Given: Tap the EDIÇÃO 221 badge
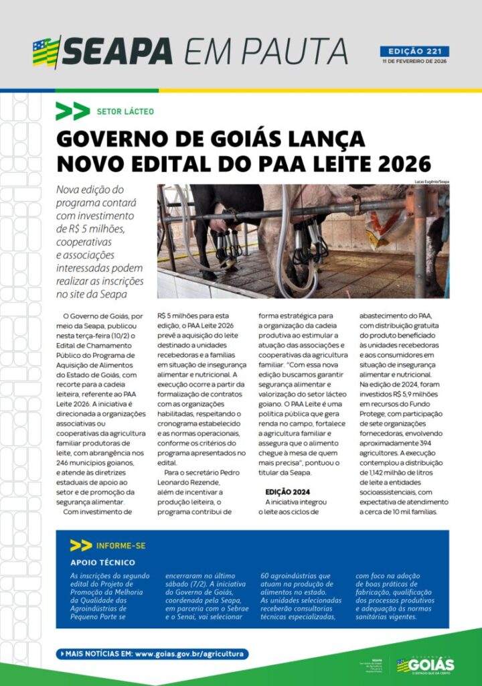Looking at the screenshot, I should [x=414, y=51].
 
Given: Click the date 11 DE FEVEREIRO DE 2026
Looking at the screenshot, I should [x=414, y=61].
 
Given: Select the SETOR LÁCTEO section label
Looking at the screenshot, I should [x=125, y=111].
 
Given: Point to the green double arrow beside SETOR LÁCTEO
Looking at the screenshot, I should [x=72, y=111].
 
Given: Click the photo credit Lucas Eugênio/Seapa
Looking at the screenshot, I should [x=432, y=182].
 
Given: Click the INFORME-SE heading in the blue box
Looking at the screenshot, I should [x=121, y=545].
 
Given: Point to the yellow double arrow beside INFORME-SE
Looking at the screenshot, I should [x=80, y=545].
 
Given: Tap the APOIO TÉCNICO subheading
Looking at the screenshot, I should [x=102, y=562].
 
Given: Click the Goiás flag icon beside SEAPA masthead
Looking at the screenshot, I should [x=46, y=52].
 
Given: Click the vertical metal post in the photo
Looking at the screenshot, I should [x=420, y=241].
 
